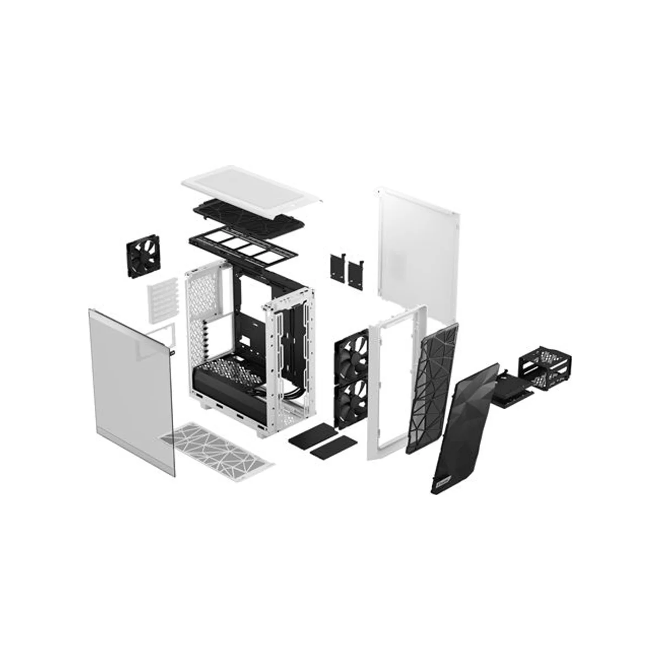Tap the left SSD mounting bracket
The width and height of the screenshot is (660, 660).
click(x=337, y=268)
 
